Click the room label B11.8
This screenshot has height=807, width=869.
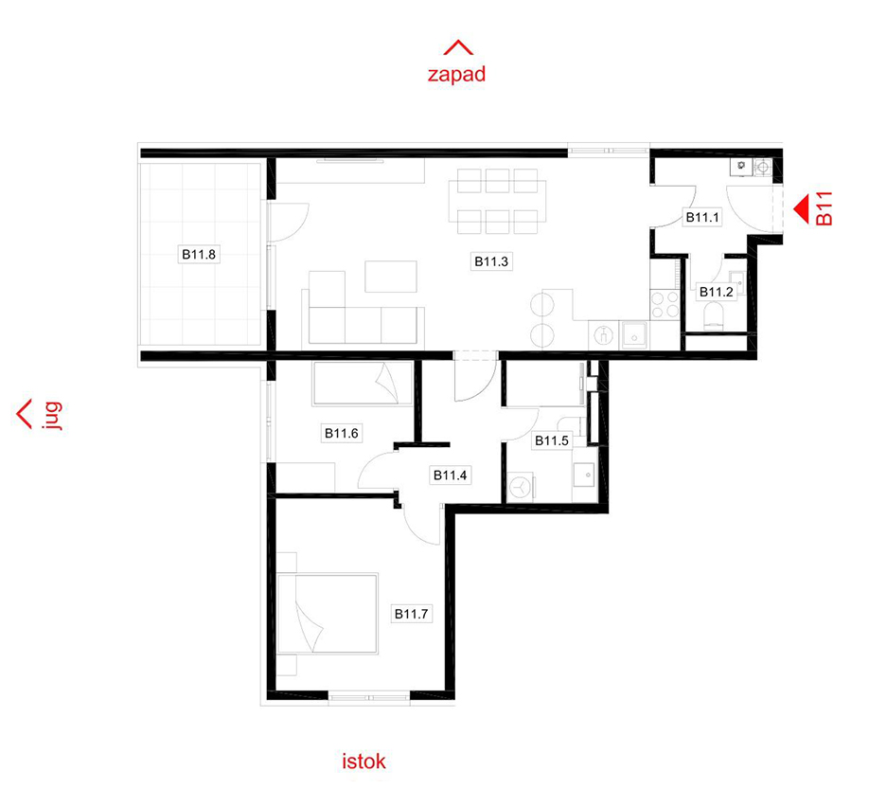coord(199,255)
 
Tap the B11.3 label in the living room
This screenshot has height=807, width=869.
coord(491,261)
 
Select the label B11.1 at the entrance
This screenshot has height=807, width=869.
coord(702,218)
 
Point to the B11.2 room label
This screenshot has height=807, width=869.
coord(716,292)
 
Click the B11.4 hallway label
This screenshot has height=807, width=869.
coord(450,475)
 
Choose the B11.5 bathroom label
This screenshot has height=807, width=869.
coord(552,441)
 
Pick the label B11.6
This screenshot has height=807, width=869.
coord(342,433)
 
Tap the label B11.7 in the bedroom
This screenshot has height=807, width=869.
coord(411,614)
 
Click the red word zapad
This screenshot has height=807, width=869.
coord(456,74)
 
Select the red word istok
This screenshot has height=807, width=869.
coord(364,762)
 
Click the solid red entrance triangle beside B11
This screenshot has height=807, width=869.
coord(802,208)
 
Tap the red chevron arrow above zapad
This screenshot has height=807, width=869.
coord(458,47)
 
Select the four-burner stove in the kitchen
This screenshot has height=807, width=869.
coord(665,304)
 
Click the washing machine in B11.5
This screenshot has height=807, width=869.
coord(521,488)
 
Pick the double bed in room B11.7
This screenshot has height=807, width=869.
coord(328,614)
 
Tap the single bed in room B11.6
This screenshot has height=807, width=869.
coord(363,384)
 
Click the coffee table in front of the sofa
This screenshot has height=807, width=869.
coord(391,277)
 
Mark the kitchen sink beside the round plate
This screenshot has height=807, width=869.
coord(634,335)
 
